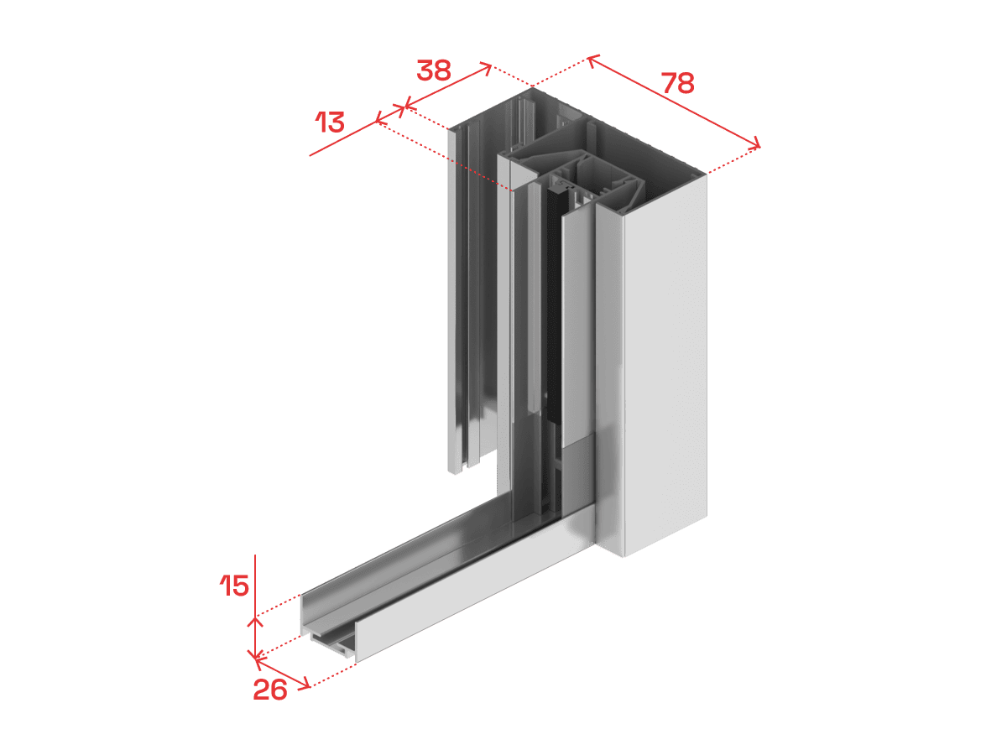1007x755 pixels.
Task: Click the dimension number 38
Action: (x=434, y=70)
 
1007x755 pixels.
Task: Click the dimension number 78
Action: (x=677, y=83)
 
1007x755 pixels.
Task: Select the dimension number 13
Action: (x=330, y=122)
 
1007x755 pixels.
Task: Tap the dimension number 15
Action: (x=234, y=586)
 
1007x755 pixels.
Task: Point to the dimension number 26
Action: (x=270, y=690)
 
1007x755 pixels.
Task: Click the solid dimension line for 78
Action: (x=674, y=102)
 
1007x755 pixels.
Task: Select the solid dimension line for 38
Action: (x=448, y=86)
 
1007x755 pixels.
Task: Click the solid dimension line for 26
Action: (x=283, y=673)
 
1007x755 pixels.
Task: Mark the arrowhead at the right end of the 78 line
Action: (x=754, y=144)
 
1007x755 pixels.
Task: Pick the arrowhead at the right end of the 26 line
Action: (x=305, y=684)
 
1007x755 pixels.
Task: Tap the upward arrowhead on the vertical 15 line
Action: (x=256, y=621)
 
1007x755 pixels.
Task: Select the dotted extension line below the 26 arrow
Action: (x=334, y=674)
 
